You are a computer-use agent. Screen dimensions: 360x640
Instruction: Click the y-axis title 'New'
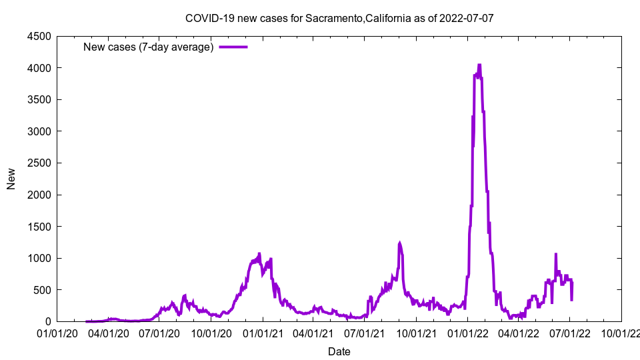pyautogui.click(x=11, y=179)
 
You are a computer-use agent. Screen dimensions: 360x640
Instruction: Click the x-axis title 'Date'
pyautogui.click(x=339, y=351)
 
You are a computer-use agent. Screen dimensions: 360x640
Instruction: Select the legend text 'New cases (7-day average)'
pyautogui.click(x=148, y=47)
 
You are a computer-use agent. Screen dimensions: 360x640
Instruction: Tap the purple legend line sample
pyautogui.click(x=233, y=47)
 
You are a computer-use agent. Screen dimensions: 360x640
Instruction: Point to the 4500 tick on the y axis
pyautogui.click(x=39, y=36)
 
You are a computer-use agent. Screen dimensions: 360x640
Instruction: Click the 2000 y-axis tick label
pyautogui.click(x=39, y=195)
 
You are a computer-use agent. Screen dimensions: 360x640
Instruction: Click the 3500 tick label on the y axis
pyautogui.click(x=39, y=99)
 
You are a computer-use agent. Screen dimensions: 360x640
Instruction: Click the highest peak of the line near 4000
pyautogui.click(x=479, y=65)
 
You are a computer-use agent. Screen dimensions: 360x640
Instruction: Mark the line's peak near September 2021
pyautogui.click(x=399, y=243)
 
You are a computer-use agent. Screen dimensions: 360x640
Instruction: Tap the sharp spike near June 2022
pyautogui.click(x=555, y=254)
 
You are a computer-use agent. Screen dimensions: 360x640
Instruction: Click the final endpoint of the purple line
pyautogui.click(x=572, y=299)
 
